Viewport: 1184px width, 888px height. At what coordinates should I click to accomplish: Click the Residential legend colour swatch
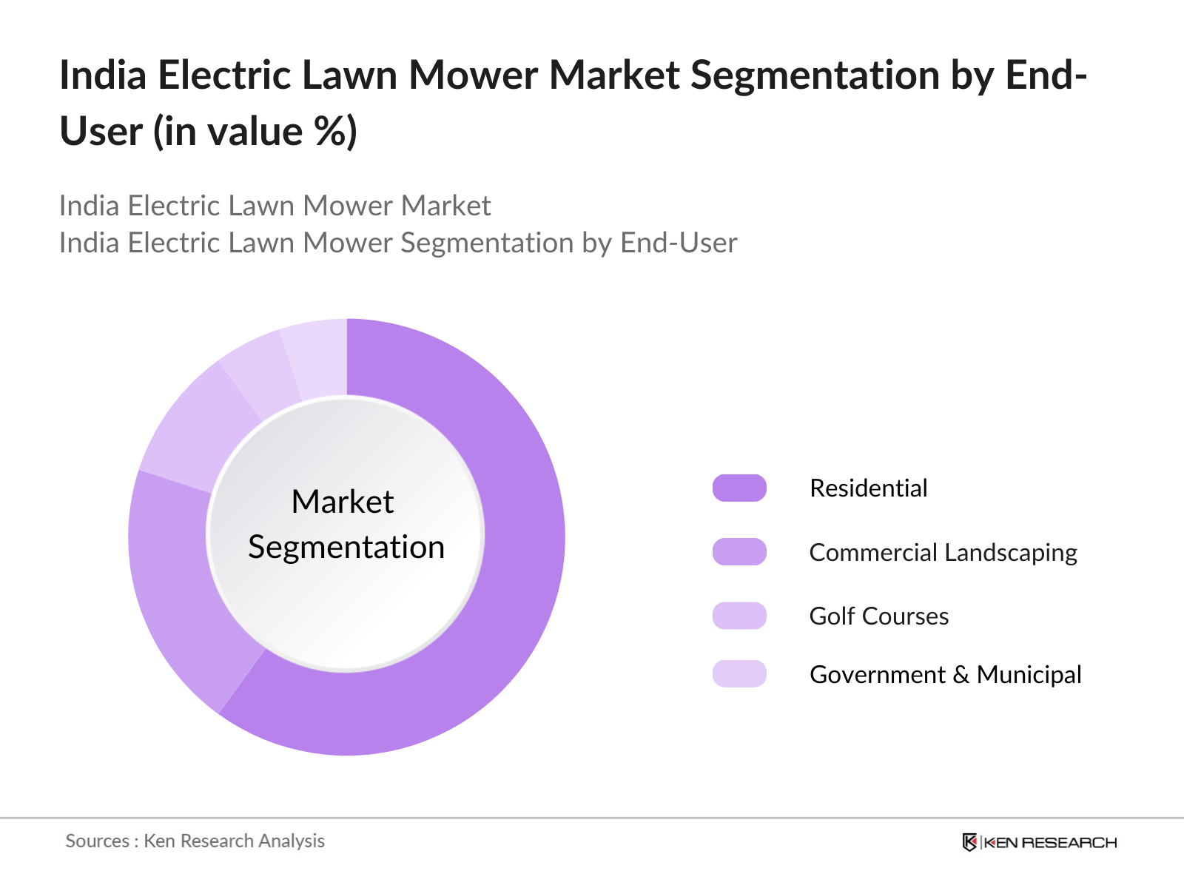[739, 488]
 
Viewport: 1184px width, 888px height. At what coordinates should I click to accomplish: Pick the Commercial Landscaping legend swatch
[739, 552]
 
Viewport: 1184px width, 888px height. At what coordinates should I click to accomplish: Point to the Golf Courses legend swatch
[739, 616]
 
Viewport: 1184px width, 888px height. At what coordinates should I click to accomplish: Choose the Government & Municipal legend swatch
[739, 674]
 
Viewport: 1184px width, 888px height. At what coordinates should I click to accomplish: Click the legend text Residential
[868, 488]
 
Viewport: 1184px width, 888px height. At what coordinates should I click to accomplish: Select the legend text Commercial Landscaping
[943, 553]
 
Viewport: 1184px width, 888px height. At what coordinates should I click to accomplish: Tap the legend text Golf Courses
[878, 616]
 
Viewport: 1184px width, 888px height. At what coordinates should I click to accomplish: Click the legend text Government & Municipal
[945, 675]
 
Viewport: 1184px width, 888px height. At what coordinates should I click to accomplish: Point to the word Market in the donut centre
[343, 502]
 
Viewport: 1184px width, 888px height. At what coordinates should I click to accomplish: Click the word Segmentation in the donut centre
[346, 548]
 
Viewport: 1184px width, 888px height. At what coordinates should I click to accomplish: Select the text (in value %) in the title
[255, 132]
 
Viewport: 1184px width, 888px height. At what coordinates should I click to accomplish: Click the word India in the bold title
[103, 75]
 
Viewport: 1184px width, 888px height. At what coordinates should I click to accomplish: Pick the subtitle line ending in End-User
[397, 243]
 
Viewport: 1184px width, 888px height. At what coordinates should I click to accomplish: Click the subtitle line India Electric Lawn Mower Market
[275, 206]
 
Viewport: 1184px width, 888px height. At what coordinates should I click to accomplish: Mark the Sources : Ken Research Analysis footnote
[195, 841]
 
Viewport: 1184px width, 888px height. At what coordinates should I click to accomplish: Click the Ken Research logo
[1039, 842]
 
